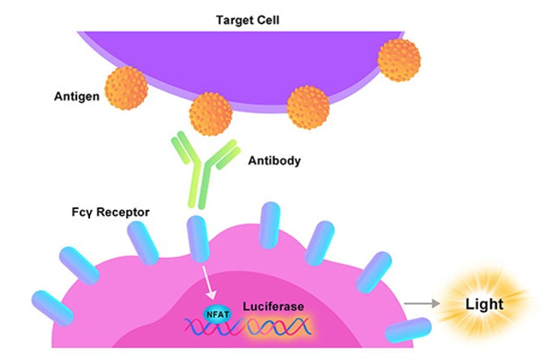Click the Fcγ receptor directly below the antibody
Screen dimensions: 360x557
(x=197, y=238)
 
